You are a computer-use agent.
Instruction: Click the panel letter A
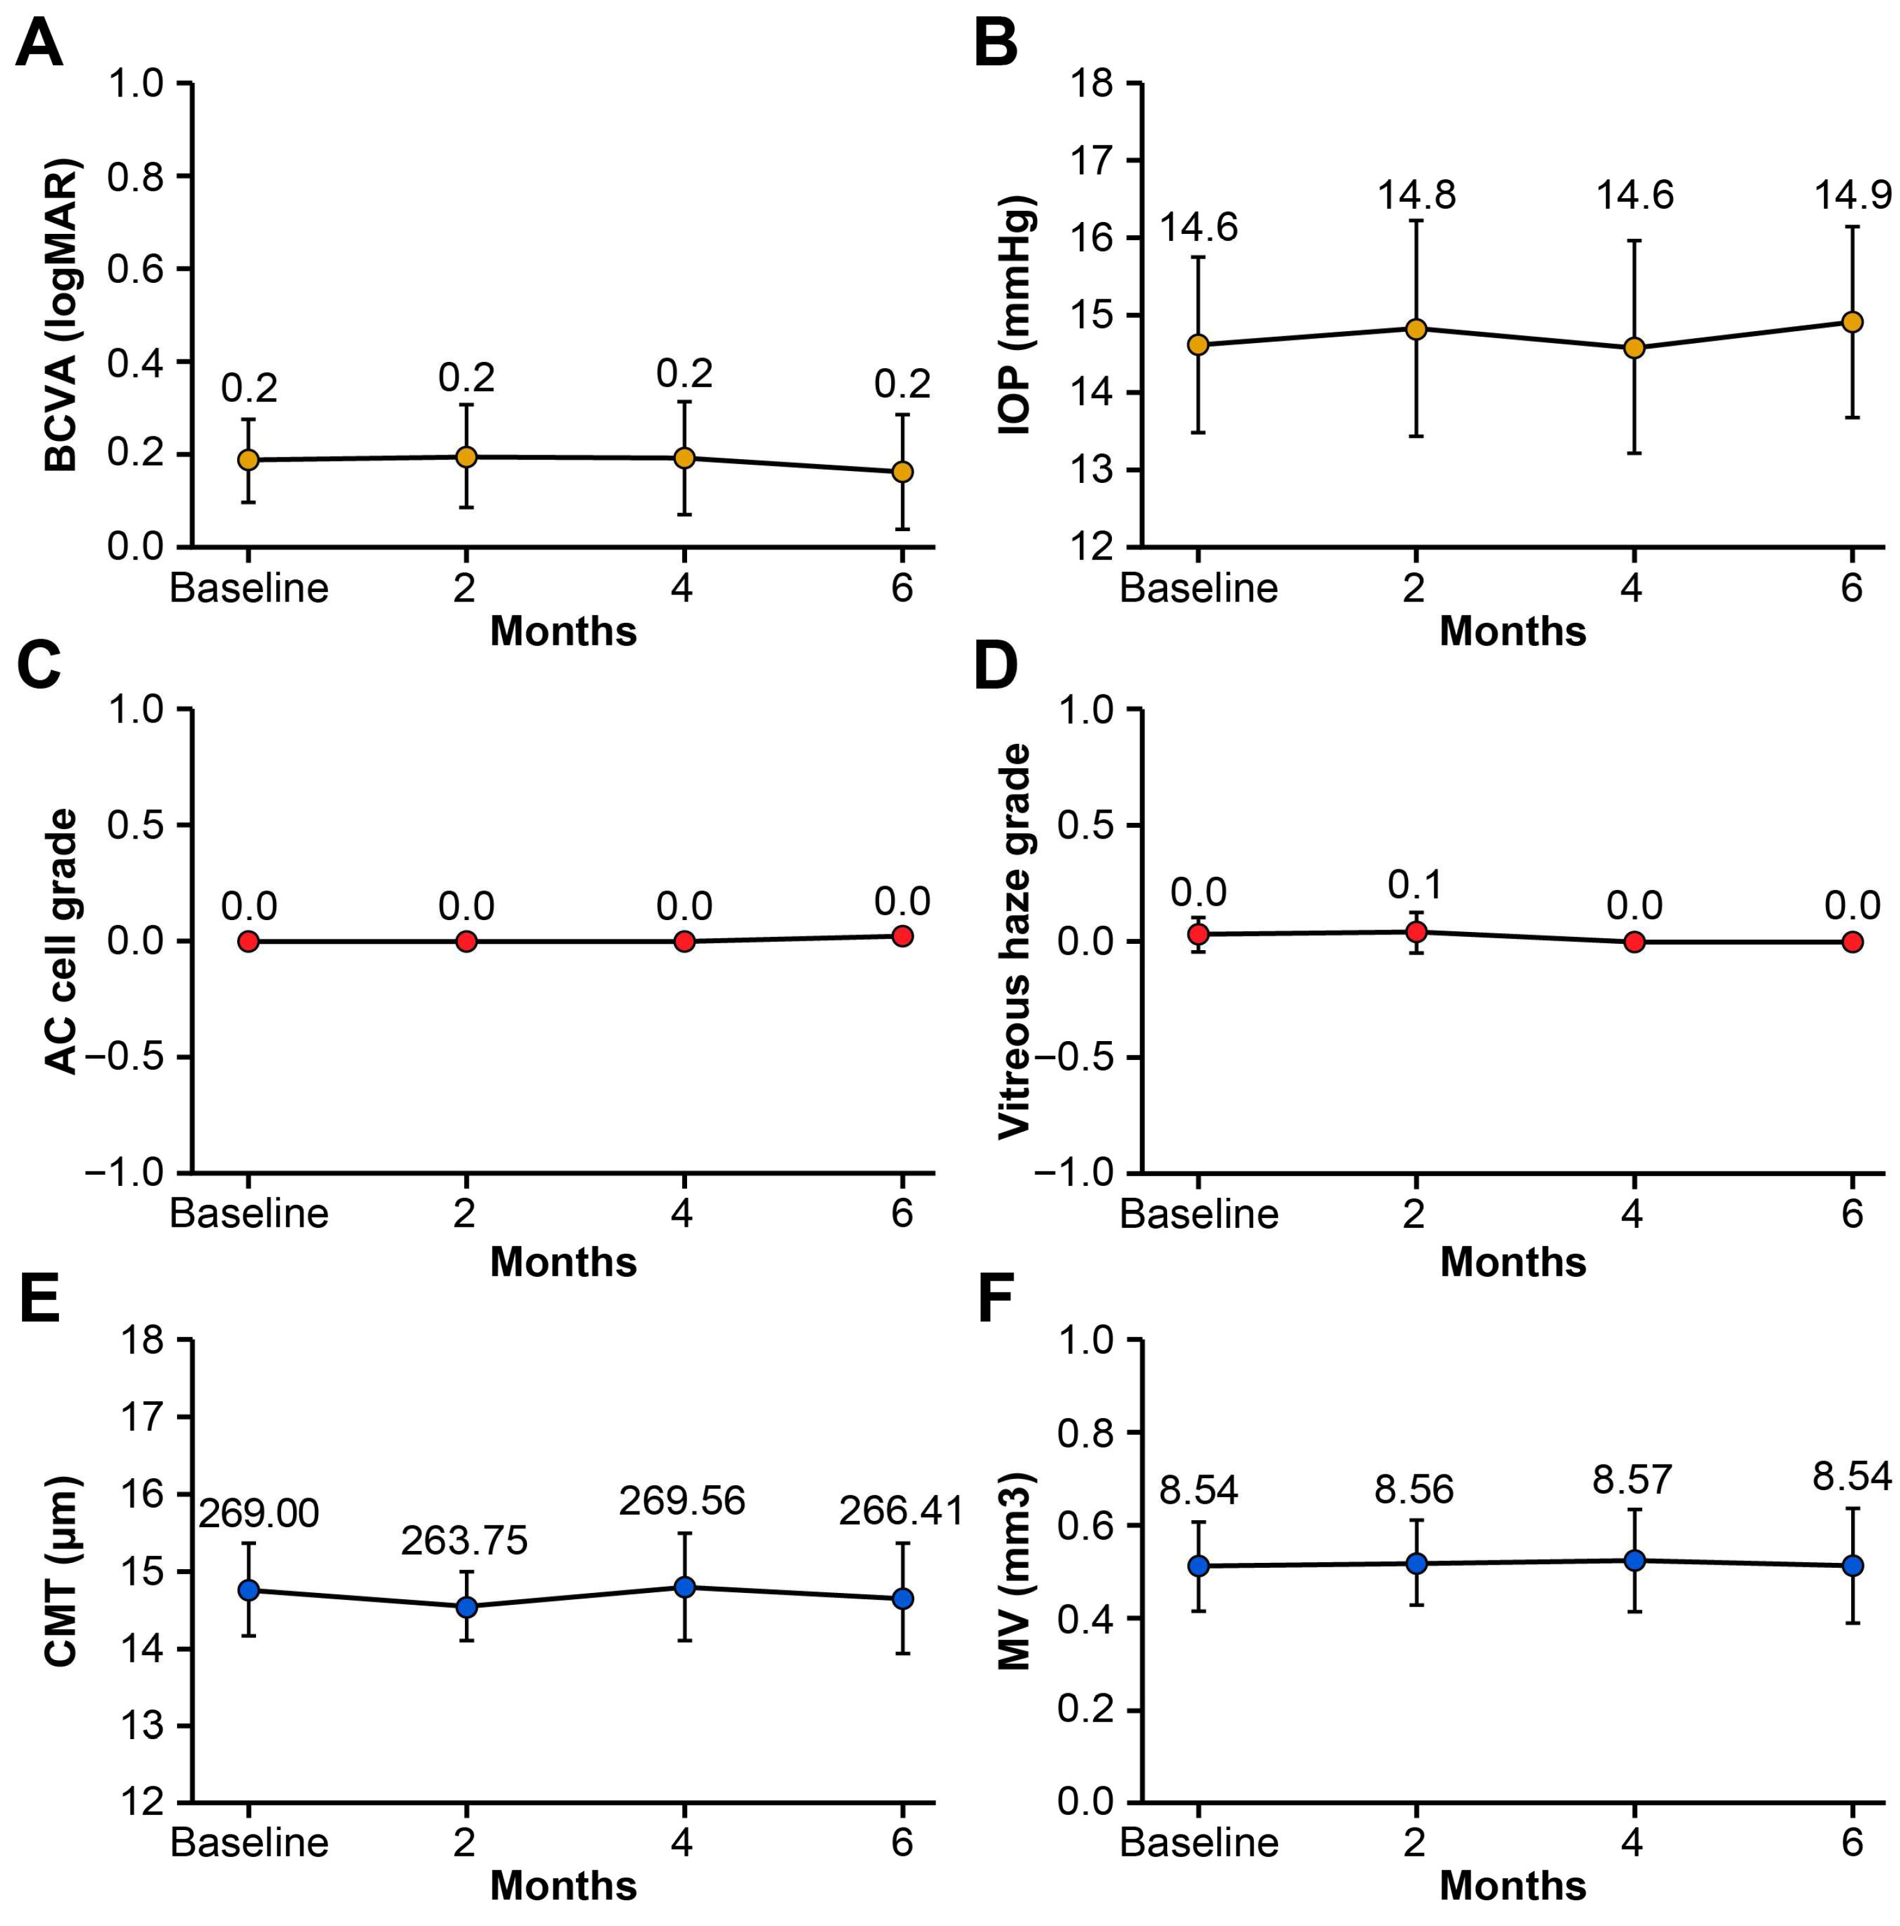[40, 45]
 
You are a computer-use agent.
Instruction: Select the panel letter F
[995, 1298]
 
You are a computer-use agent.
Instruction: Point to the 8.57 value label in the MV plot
[1631, 1479]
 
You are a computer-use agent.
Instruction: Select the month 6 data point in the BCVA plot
[902, 472]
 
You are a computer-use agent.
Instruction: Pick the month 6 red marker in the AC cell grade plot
[902, 936]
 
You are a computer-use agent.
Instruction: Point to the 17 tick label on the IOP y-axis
[1092, 161]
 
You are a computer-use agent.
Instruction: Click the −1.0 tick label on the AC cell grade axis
[125, 1172]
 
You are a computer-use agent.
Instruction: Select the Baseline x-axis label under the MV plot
[1198, 1841]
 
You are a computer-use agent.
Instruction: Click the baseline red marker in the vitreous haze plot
[1198, 934]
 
